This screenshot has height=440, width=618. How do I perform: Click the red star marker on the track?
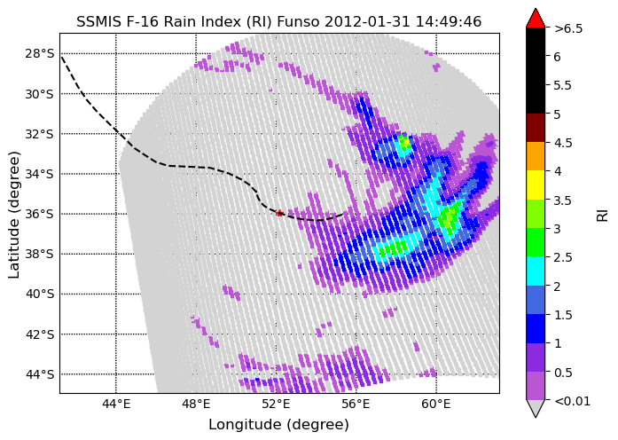pos(279,213)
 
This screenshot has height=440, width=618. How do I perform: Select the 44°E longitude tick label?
pos(116,405)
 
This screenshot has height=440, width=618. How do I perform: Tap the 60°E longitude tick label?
pos(436,405)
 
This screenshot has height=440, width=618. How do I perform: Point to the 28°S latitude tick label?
pos(39,53)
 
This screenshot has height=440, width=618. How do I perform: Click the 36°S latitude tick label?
pos(39,214)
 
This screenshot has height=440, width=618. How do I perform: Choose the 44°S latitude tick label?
pos(39,374)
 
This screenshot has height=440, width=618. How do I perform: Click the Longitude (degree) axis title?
pos(279,425)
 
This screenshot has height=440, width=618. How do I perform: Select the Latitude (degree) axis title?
pos(14,215)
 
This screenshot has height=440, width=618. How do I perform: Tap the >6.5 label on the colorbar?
pos(568,28)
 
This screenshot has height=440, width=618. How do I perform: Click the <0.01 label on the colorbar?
pos(572,401)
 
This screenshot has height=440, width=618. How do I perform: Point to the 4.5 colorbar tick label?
pos(563,143)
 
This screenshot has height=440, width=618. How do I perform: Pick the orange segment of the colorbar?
pos(536,156)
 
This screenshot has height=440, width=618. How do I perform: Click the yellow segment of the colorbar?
pos(536,185)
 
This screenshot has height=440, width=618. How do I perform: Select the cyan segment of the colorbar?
pos(536,271)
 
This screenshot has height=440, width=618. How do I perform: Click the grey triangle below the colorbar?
pos(536,408)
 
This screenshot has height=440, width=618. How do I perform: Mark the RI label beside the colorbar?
pos(603,215)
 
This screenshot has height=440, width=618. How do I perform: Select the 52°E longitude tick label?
pos(277,405)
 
